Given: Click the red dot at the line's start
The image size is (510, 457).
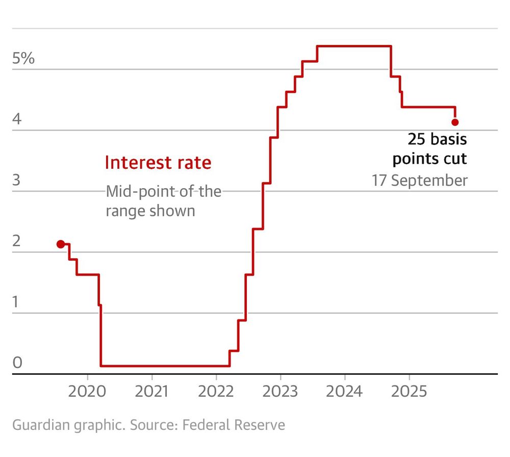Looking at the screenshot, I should pyautogui.click(x=61, y=244).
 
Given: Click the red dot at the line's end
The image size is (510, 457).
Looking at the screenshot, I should pyautogui.click(x=455, y=122).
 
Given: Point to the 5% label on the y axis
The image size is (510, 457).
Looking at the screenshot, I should pyautogui.click(x=23, y=59).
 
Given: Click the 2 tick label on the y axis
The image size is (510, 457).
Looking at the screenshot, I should pyautogui.click(x=17, y=241).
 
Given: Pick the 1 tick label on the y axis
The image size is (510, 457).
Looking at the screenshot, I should pyautogui.click(x=17, y=302).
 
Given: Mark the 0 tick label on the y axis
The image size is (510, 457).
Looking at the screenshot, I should pyautogui.click(x=17, y=363).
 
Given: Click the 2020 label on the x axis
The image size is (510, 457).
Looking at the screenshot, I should pyautogui.click(x=88, y=392).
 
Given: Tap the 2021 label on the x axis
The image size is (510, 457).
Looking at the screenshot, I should pyautogui.click(x=152, y=392).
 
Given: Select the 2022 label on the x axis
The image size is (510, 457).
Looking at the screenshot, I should pyautogui.click(x=216, y=392).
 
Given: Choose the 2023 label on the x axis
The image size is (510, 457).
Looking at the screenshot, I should pyautogui.click(x=280, y=392).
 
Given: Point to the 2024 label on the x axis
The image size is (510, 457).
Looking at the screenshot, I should pyautogui.click(x=345, y=392).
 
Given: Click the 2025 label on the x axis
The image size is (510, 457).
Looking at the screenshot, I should pyautogui.click(x=409, y=392).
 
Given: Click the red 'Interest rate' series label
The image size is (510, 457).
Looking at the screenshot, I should pyautogui.click(x=158, y=163).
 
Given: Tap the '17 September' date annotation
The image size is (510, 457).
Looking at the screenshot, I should pyautogui.click(x=419, y=181).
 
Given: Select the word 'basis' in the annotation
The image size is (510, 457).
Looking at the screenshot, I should pyautogui.click(x=448, y=139).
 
